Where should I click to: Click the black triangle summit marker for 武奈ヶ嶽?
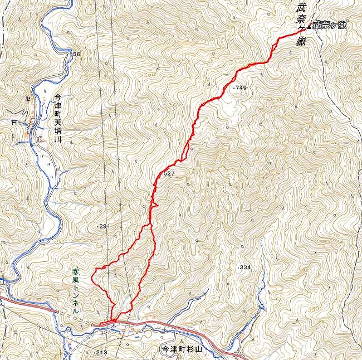[310, 26]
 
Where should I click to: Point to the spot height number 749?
[240, 88]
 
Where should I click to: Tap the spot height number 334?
[245, 268]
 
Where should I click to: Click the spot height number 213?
[101, 353]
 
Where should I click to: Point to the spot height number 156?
[76, 54]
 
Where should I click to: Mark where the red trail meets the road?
[113, 320]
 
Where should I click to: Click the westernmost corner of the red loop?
[92, 271]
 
